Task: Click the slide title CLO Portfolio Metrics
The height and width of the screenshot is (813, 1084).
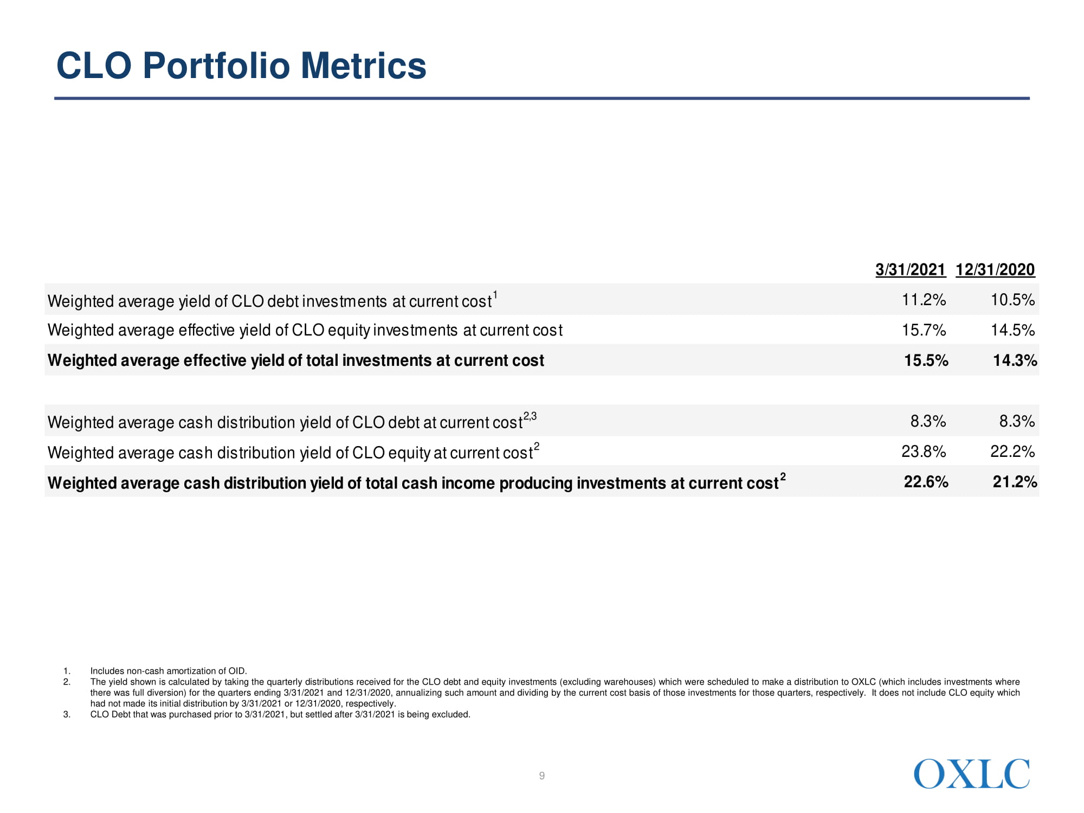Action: (241, 66)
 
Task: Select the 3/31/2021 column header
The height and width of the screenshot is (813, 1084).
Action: (911, 269)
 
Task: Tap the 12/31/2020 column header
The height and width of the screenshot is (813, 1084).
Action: (995, 269)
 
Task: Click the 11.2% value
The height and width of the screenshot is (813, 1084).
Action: (924, 300)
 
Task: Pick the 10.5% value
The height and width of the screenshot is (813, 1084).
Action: (1012, 300)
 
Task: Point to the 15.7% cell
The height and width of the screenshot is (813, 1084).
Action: (924, 330)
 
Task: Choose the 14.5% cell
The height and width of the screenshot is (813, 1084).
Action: (1012, 330)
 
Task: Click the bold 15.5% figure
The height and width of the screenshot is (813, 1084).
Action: (926, 360)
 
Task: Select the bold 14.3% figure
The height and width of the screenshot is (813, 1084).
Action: (1015, 360)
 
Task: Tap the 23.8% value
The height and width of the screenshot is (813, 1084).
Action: (924, 451)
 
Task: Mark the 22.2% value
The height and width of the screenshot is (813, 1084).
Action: (1012, 451)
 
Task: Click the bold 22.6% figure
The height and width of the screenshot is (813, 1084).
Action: (926, 482)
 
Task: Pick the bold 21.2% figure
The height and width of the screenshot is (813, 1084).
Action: (1015, 482)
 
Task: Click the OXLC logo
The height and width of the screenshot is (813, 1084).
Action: (971, 774)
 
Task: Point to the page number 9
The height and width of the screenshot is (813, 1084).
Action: (542, 776)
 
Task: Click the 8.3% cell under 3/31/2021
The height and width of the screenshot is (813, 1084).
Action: (928, 421)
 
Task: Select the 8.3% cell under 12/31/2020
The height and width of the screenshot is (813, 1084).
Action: (1017, 421)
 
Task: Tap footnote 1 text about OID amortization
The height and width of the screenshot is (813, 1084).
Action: (169, 671)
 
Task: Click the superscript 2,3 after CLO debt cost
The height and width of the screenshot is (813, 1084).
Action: (530, 416)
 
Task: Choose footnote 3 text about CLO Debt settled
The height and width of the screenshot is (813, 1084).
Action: (280, 714)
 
